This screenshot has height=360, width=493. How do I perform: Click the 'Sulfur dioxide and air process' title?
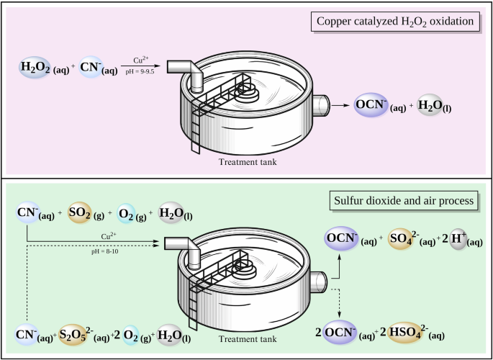(403, 199)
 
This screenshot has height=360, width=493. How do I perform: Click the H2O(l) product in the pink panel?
(430, 107)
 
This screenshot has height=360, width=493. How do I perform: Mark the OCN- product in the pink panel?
(372, 107)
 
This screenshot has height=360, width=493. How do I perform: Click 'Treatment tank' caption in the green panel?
(248, 339)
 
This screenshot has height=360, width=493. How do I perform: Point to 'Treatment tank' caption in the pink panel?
(248, 162)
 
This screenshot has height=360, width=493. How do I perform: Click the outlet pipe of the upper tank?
(320, 106)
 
